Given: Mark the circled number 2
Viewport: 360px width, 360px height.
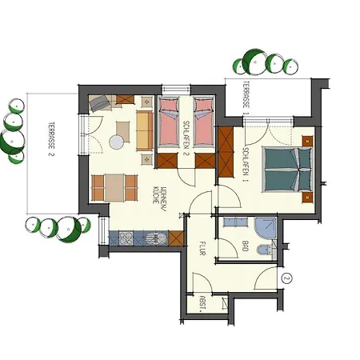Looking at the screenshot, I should point(287,278).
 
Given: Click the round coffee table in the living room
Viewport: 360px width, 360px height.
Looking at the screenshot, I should point(118,142).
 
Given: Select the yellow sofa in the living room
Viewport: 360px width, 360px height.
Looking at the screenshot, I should point(144,130).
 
